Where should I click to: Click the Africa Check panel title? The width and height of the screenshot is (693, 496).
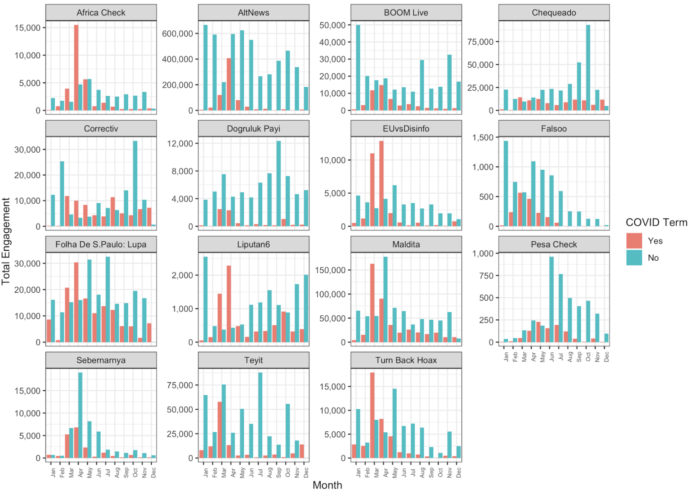[101, 13]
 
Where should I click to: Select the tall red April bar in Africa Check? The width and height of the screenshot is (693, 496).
[76, 68]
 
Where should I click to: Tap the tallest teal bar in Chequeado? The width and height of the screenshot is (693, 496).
[588, 68]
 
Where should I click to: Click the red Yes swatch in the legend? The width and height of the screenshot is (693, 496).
[634, 241]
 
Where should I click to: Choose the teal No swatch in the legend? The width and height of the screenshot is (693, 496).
[634, 258]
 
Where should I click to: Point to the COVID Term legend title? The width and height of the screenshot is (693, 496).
[656, 222]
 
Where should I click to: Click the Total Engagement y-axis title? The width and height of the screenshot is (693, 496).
[6, 241]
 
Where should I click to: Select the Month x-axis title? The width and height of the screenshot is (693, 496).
[327, 485]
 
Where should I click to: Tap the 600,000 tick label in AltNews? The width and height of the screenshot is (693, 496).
[177, 33]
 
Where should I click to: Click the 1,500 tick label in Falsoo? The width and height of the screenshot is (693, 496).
[483, 137]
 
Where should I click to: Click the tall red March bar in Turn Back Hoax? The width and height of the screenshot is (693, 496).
[372, 415]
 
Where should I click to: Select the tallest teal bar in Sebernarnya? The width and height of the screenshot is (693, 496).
[80, 415]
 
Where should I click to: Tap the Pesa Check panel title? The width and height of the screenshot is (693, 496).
[554, 244]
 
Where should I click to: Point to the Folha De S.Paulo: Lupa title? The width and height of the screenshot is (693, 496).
[101, 244]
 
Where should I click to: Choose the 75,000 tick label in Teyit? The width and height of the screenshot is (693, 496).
[180, 385]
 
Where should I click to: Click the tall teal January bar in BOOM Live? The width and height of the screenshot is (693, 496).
[358, 68]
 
